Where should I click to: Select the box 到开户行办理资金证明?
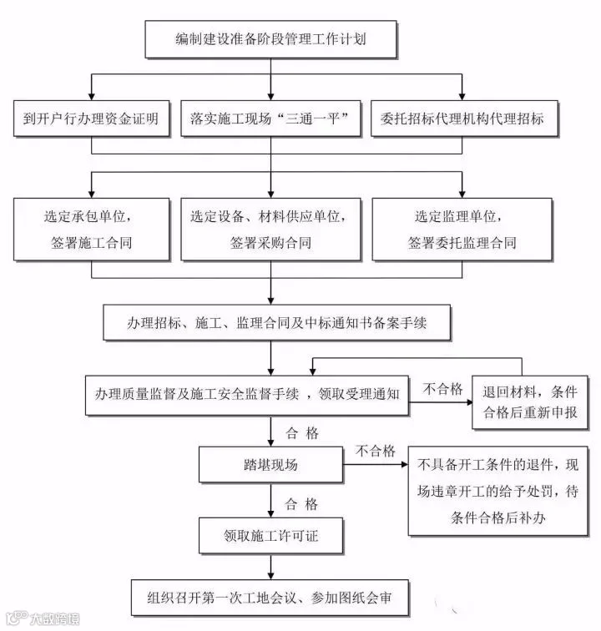tap(90, 119)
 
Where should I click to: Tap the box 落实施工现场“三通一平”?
tap(269, 119)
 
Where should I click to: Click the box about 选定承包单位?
tap(90, 229)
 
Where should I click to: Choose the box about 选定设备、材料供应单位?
tap(269, 229)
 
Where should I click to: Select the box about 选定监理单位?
tap(461, 229)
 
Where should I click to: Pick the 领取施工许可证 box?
tap(270, 535)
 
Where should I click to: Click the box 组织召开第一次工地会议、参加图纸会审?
tap(269, 598)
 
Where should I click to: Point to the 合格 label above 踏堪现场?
tap(302, 432)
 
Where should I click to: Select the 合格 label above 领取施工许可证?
tap(302, 503)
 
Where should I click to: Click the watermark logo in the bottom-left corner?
tap(42, 618)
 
